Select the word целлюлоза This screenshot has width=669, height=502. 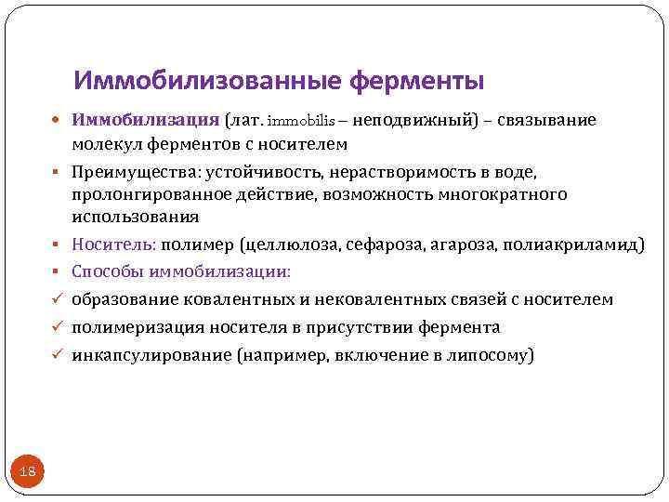[292, 245]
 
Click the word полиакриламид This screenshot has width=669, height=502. [571, 245]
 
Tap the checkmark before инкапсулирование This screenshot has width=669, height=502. [59, 355]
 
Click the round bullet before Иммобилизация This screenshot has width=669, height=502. [59, 122]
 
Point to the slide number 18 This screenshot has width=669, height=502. [27, 472]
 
